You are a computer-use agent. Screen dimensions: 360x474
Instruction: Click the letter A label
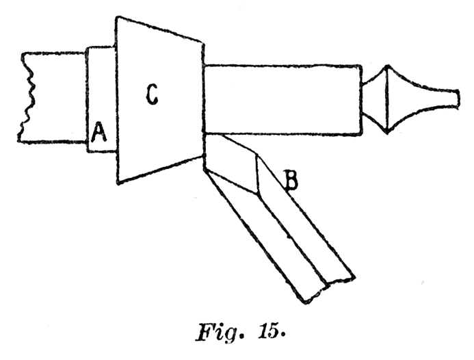pyautogui.click(x=98, y=130)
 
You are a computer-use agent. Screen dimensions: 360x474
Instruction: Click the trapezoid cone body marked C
pyautogui.click(x=161, y=130)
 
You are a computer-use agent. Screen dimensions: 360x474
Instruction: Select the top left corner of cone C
pyautogui.click(x=117, y=17)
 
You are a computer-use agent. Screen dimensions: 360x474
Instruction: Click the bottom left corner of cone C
pyautogui.click(x=118, y=181)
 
